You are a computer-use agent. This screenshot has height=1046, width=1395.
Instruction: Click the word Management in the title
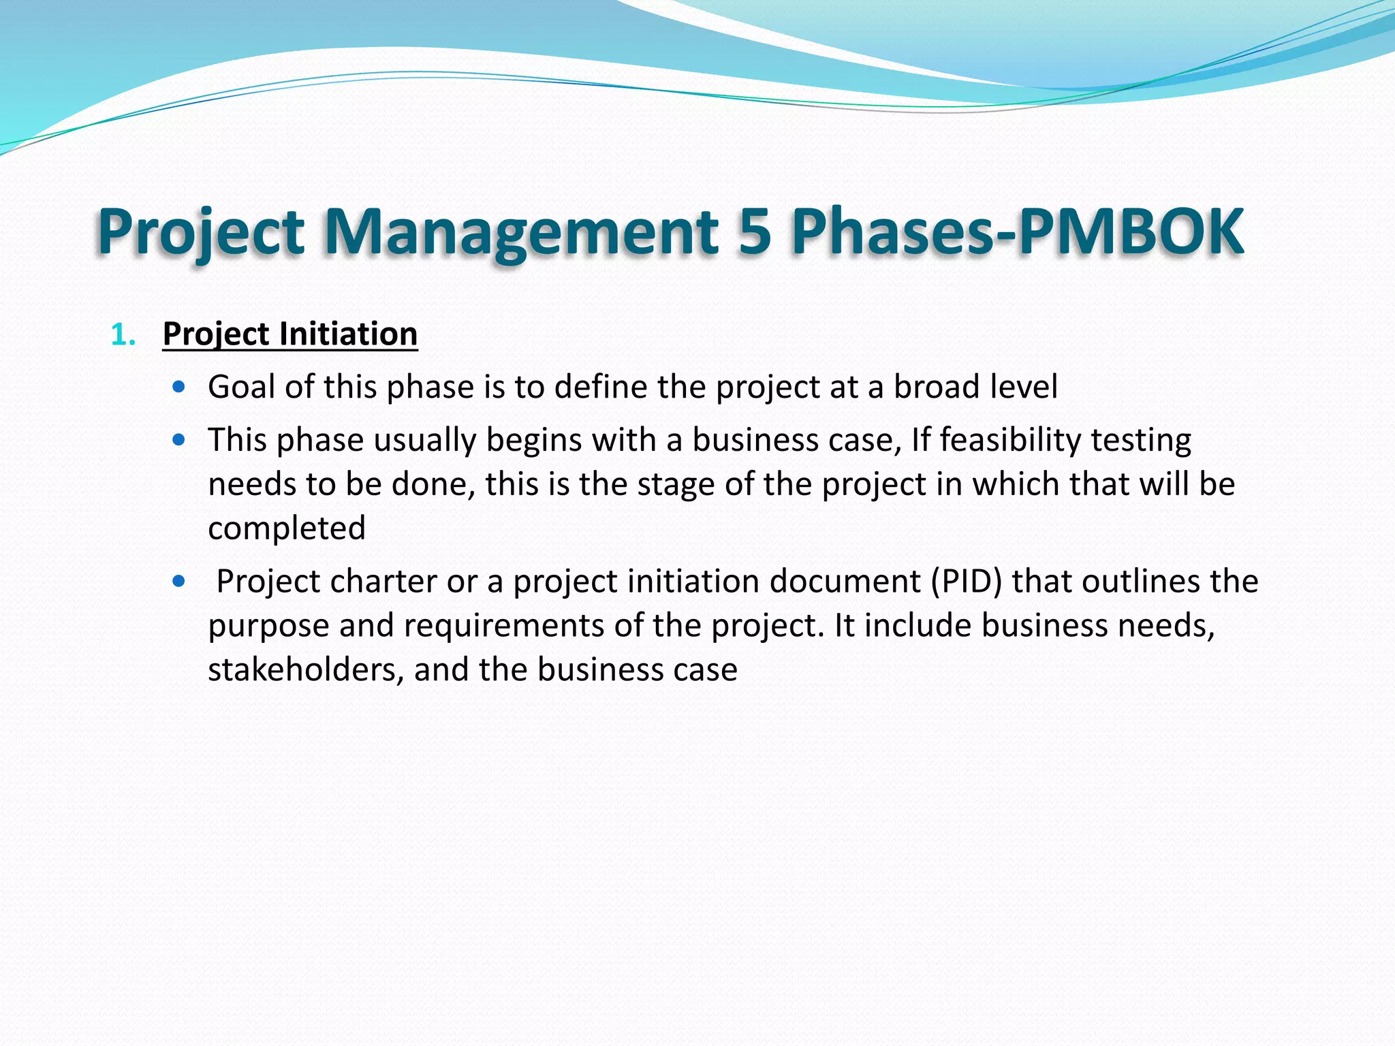(520, 232)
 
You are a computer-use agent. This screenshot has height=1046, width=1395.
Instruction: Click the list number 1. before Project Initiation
(123, 335)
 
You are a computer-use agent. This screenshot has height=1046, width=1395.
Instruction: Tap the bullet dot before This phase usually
(179, 441)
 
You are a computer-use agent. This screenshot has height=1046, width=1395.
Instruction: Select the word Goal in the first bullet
(241, 387)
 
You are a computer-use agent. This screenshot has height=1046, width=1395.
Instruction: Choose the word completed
(287, 528)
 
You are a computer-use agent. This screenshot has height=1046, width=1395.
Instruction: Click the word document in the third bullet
(845, 582)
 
